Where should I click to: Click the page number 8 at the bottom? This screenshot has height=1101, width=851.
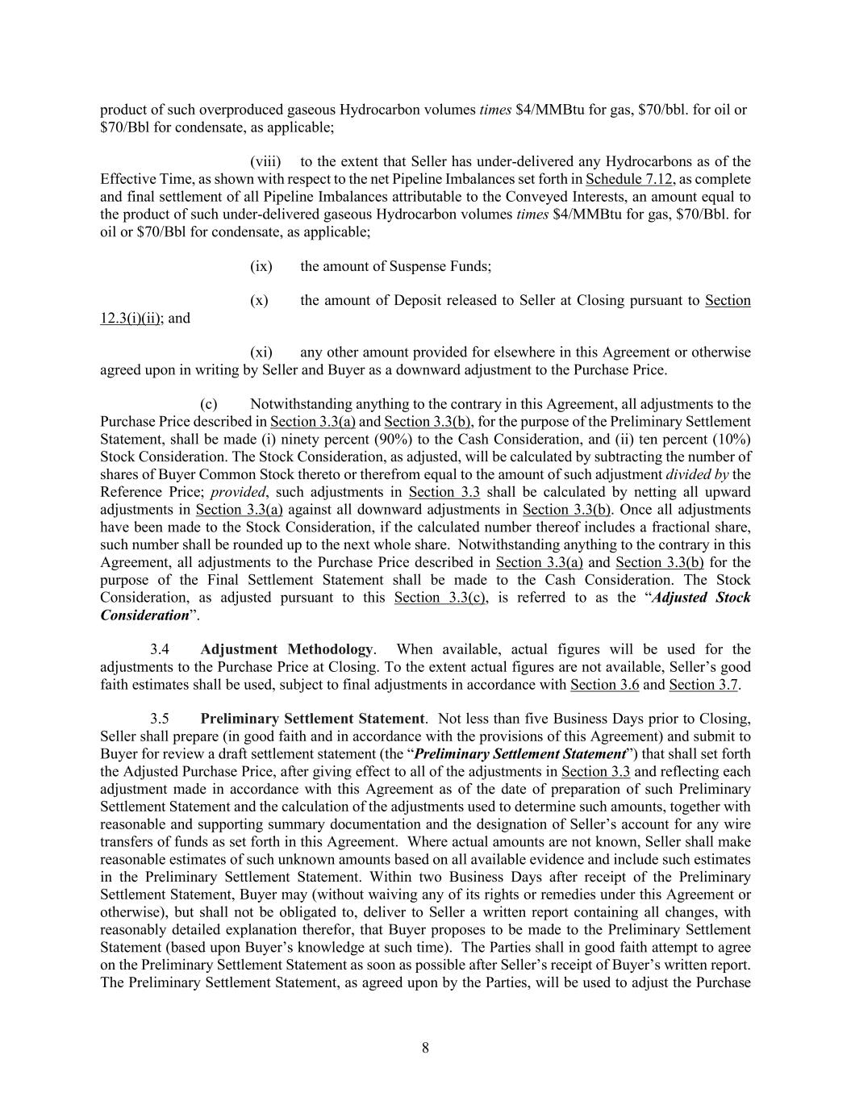pyautogui.click(x=425, y=1048)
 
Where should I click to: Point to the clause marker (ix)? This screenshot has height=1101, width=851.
pyautogui.click(x=261, y=266)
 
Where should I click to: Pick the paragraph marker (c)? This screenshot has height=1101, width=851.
pyautogui.click(x=209, y=404)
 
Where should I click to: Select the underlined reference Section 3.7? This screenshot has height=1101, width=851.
pyautogui.click(x=703, y=685)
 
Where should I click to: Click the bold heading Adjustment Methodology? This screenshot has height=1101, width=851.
pyautogui.click(x=286, y=649)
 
